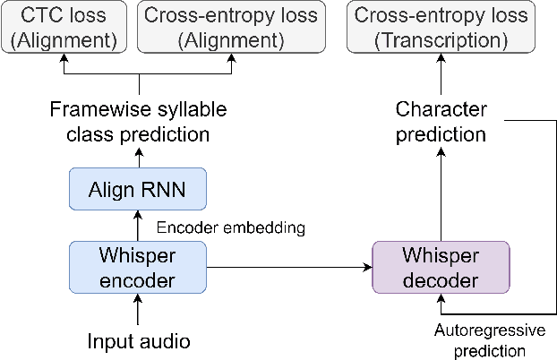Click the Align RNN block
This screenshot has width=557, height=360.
pos(138,189)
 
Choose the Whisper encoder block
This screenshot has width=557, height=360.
pos(138,267)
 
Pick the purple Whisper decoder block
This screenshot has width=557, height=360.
pos(441,267)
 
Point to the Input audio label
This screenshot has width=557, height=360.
pos(138,341)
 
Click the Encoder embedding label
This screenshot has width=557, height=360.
pos(230,227)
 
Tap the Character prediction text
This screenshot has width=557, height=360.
pos(441,122)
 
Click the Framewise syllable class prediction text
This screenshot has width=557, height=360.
pos(138,122)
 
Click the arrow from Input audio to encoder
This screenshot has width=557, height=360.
pos(138,312)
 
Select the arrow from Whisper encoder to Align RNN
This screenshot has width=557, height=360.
pos(138,226)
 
